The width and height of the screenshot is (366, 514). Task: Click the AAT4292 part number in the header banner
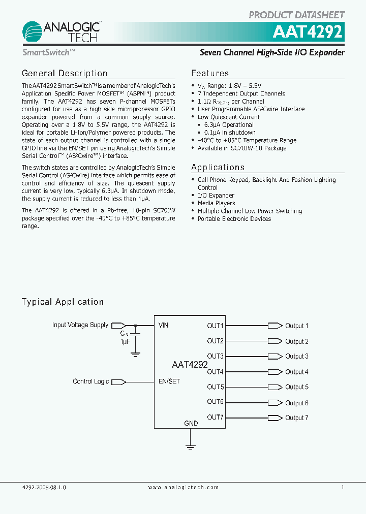coord(308,33)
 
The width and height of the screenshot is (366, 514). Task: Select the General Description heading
coord(65,74)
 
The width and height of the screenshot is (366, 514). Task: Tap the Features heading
coord(210,74)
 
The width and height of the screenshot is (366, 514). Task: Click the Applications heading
coord(218,168)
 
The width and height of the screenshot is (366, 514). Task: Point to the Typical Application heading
coord(63,302)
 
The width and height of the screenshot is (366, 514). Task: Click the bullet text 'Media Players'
coord(216,203)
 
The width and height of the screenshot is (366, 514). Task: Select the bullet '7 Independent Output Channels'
coord(241,93)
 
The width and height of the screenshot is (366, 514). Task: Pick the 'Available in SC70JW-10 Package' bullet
coord(242,148)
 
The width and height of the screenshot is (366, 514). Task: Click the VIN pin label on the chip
coord(164,325)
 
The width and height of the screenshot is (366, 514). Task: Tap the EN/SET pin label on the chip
coord(169,381)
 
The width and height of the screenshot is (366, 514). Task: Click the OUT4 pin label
coord(215,372)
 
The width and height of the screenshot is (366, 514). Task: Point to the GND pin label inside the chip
coord(191,424)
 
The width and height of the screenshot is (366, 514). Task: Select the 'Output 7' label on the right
coord(296,418)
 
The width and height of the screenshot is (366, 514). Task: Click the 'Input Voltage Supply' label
coord(80,325)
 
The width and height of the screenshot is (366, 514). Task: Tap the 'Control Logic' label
coord(90,381)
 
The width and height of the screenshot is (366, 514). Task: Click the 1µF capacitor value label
coord(125,342)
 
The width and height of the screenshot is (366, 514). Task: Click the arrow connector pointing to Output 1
coord(275,326)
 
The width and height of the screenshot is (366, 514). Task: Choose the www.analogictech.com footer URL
coord(184,487)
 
